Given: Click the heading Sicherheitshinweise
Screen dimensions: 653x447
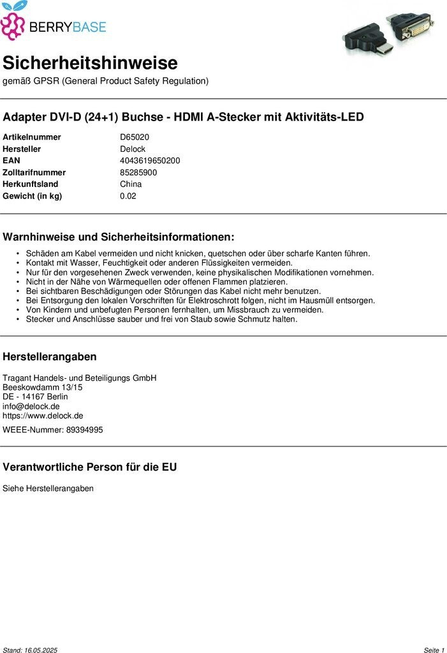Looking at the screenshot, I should point(90,63).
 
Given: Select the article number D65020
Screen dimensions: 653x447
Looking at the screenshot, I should point(135,137).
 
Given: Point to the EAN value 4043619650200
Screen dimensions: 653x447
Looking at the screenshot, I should point(150,161).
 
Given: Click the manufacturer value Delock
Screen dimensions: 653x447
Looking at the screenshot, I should point(133,149).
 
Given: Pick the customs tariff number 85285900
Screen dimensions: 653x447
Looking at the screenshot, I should point(138,172).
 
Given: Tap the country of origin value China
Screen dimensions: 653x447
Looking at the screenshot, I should point(131,184).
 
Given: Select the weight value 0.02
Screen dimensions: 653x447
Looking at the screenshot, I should point(128,196).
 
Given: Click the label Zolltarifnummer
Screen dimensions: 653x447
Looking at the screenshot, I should point(34,172).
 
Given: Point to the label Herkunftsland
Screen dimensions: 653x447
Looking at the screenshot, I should point(30,184).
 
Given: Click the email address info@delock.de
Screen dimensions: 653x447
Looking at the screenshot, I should point(31,406).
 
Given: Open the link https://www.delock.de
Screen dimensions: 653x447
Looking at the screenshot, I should point(43,416).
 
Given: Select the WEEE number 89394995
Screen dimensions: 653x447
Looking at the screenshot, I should point(84,430).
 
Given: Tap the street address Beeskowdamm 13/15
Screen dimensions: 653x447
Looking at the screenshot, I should point(43,387).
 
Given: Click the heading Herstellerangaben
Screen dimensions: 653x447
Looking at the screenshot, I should point(50,356).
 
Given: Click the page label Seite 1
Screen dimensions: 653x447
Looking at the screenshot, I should point(434,650).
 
